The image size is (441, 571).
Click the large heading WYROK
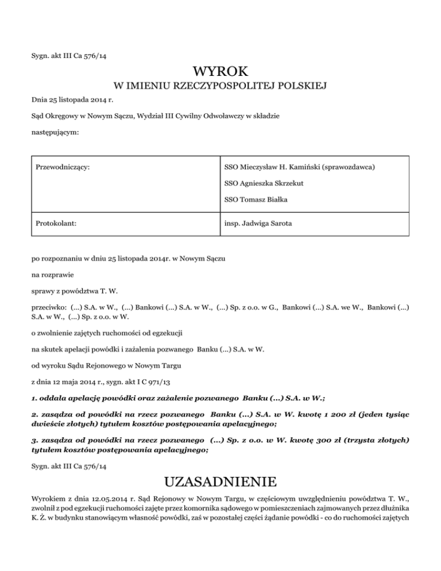(220, 72)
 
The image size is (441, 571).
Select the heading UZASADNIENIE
(220, 480)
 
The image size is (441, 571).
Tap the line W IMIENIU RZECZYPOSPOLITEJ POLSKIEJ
(220, 87)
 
